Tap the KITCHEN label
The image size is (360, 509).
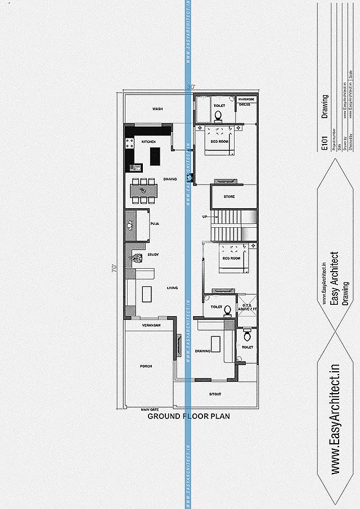pos(148,142)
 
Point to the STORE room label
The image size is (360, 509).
pos(229,197)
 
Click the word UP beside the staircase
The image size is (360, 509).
pos(205,217)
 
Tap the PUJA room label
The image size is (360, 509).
pos(154,224)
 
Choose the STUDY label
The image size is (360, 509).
pos(153,255)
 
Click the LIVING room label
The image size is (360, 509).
pos(172,288)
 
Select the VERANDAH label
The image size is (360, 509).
pos(151,326)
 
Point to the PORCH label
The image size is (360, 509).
pos(146,366)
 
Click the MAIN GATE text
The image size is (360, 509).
pos(150,409)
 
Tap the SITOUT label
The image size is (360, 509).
pos(215,394)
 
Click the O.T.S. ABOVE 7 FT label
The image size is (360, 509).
pos(246,307)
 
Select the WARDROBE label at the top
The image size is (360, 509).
pos(246,99)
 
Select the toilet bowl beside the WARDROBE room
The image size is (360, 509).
pos(219,117)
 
